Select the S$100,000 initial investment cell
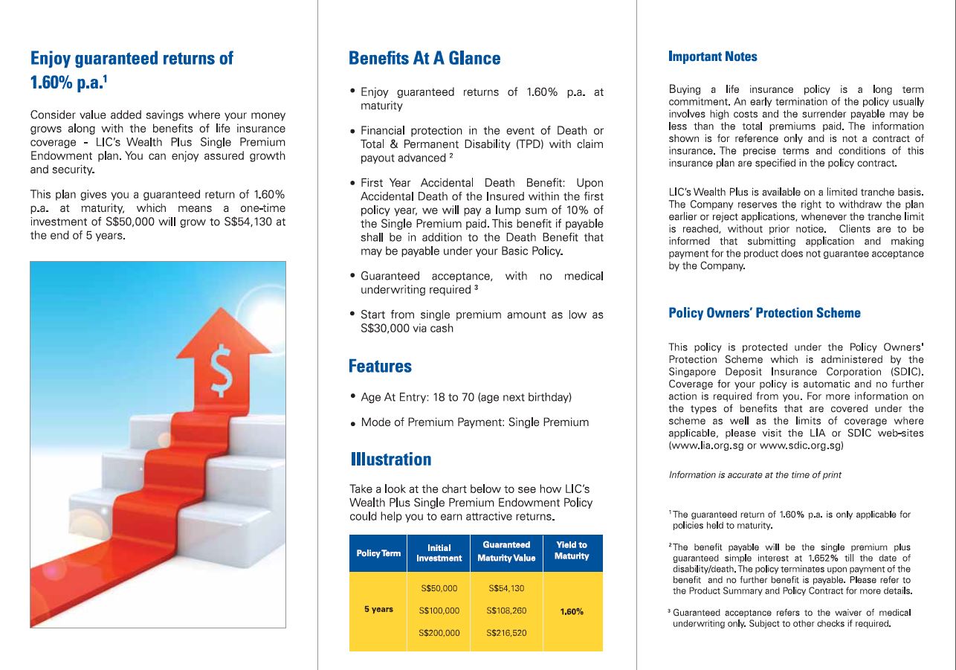pyautogui.click(x=439, y=611)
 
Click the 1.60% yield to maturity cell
pyautogui.click(x=571, y=611)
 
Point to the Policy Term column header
pyautogui.click(x=378, y=553)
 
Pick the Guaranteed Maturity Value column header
pyautogui.click(x=506, y=552)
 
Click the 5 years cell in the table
pyautogui.click(x=378, y=610)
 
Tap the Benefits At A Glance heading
pyautogui.click(x=424, y=59)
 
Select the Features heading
pyautogui.click(x=380, y=367)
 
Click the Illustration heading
pyautogui.click(x=391, y=460)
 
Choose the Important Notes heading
pyautogui.click(x=713, y=57)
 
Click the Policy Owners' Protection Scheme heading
pyautogui.click(x=764, y=313)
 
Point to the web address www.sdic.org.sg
pyautogui.click(x=801, y=445)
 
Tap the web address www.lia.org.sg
pyautogui.click(x=706, y=445)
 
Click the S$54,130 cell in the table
pyautogui.click(x=506, y=588)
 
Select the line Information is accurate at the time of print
pyautogui.click(x=755, y=474)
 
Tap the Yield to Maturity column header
pyautogui.click(x=572, y=550)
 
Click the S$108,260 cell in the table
pyautogui.click(x=506, y=611)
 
